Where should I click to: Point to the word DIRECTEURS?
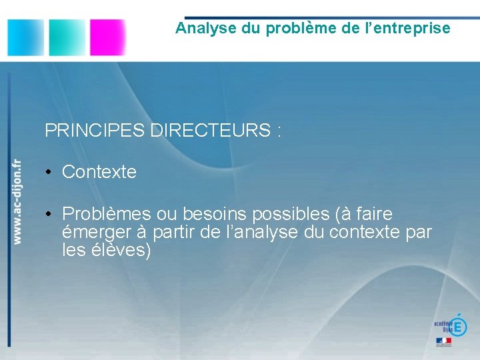(209, 131)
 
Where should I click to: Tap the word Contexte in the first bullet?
(99, 172)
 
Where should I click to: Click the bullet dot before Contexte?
(49, 173)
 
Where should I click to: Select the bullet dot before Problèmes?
(49, 215)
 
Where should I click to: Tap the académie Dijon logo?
(451, 325)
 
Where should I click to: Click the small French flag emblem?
(443, 341)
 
